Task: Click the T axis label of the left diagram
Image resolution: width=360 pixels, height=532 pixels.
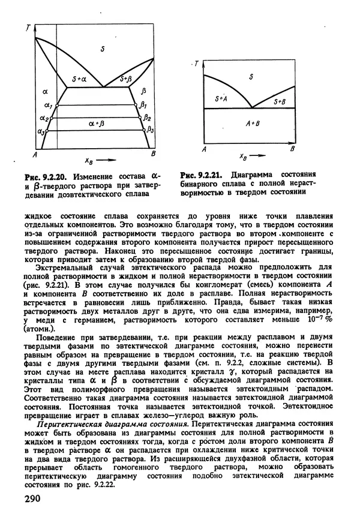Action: [x=28, y=28]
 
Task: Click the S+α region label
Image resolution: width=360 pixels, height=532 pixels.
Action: [x=79, y=79]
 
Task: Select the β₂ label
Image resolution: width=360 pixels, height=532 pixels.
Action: [x=147, y=118]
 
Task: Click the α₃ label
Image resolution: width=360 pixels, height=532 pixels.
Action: [x=40, y=130]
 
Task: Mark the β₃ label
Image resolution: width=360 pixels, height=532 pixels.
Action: [x=151, y=129]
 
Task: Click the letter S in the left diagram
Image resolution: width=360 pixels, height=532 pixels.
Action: [x=103, y=49]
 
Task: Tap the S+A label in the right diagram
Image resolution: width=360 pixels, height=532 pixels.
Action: [x=220, y=97]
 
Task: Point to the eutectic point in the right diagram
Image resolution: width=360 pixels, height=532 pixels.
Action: [x=251, y=109]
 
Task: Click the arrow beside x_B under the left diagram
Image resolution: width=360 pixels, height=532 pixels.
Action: [x=109, y=160]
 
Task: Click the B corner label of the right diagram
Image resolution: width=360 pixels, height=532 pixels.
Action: [x=292, y=148]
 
